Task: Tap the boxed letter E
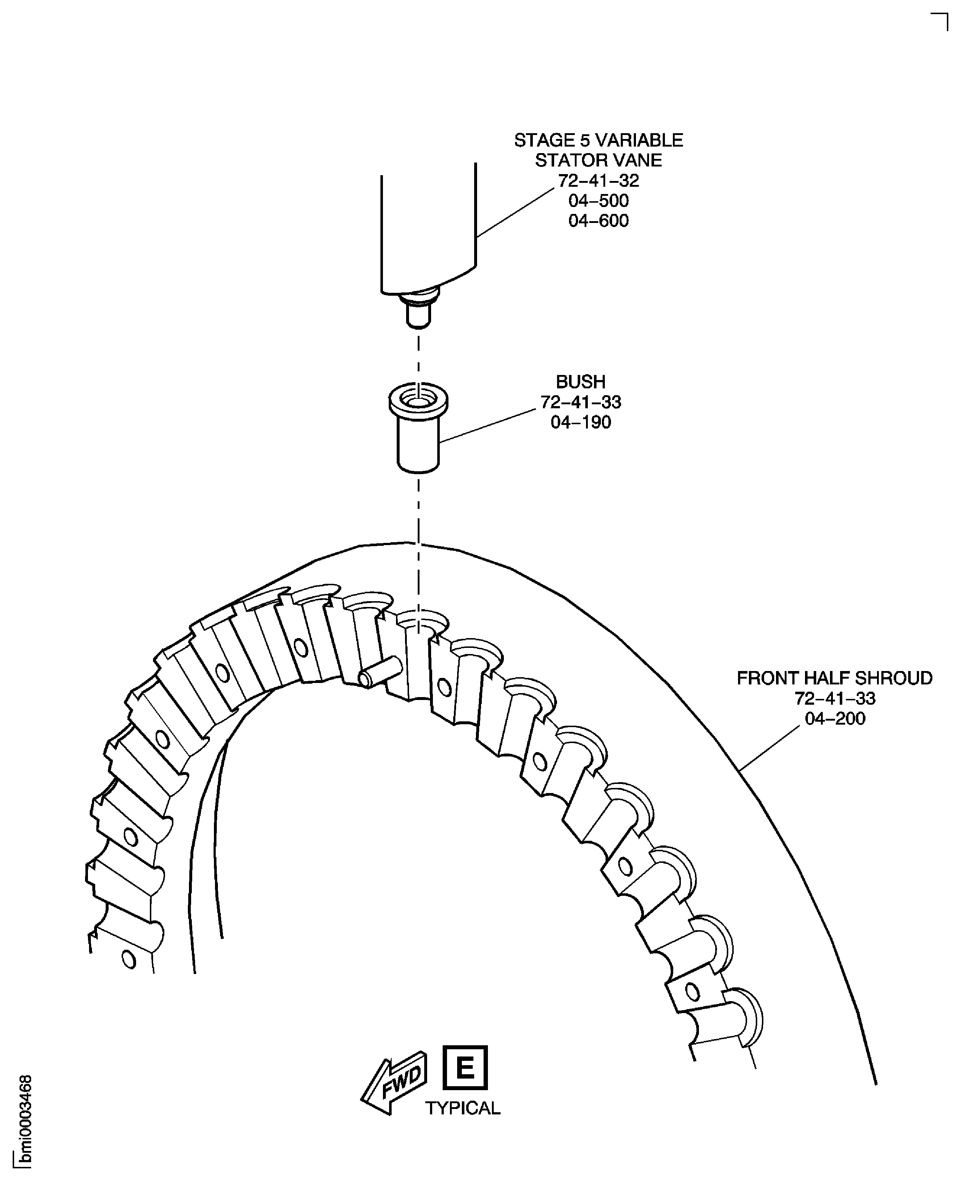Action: point(465,1067)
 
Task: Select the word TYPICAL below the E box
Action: point(463,1108)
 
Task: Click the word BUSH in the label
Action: point(581,382)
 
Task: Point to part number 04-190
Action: point(581,422)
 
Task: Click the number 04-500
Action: point(598,201)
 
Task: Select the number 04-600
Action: point(598,221)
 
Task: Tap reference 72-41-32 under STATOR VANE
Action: point(598,180)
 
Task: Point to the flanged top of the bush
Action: point(418,402)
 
